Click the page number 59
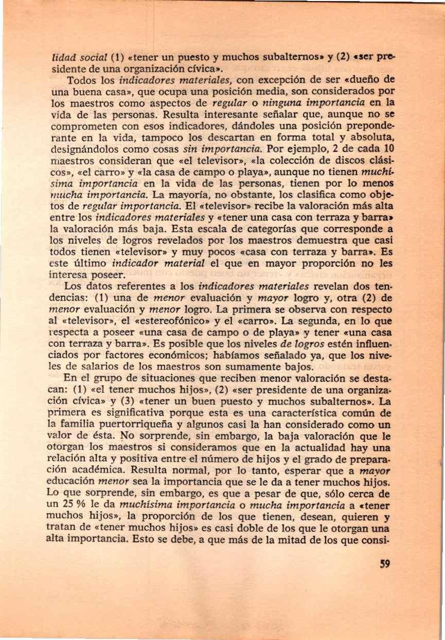[x=383, y=564]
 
